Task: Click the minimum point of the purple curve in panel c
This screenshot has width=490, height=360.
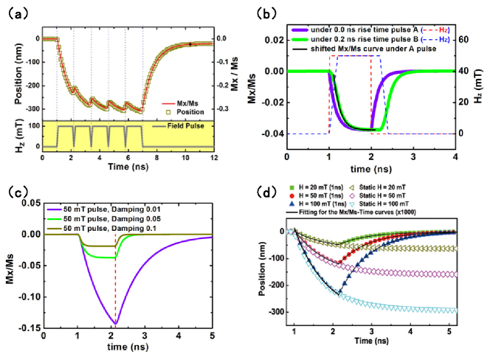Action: coord(115,322)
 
